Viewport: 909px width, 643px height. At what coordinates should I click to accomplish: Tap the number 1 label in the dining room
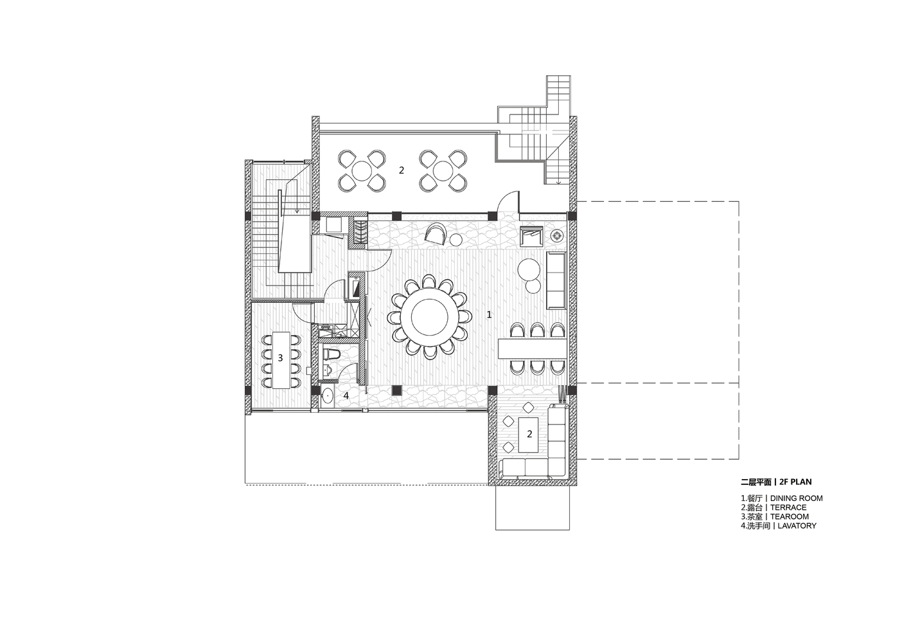pos(489,314)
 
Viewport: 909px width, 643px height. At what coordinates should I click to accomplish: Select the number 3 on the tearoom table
pos(280,358)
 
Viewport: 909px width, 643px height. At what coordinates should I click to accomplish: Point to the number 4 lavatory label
pos(346,395)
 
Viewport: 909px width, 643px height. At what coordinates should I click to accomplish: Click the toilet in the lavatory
pos(330,354)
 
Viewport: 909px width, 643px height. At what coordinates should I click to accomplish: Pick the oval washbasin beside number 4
pos(327,395)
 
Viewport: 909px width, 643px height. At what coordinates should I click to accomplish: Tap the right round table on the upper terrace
pos(442,170)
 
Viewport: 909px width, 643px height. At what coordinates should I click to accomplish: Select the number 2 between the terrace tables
pos(402,170)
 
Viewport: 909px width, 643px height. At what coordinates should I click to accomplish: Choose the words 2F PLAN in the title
pos(796,482)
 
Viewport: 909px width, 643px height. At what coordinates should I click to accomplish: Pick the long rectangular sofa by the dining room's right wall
pos(556,280)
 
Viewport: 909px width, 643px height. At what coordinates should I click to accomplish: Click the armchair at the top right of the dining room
pos(532,236)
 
